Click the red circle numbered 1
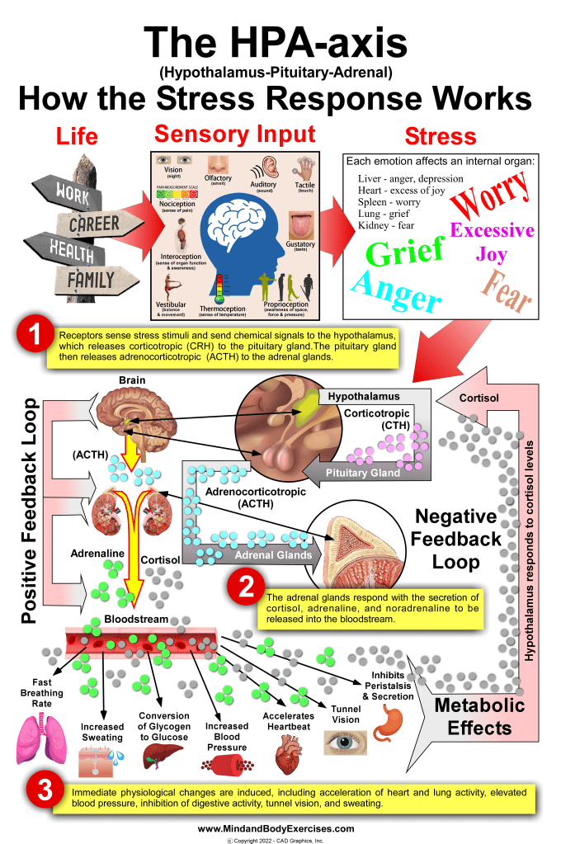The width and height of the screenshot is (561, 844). pos(34,337)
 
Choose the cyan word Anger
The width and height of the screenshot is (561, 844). pos(394,290)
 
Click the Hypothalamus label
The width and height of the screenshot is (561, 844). pos(364,396)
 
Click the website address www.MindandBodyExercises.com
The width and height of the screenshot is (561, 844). pos(276,828)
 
